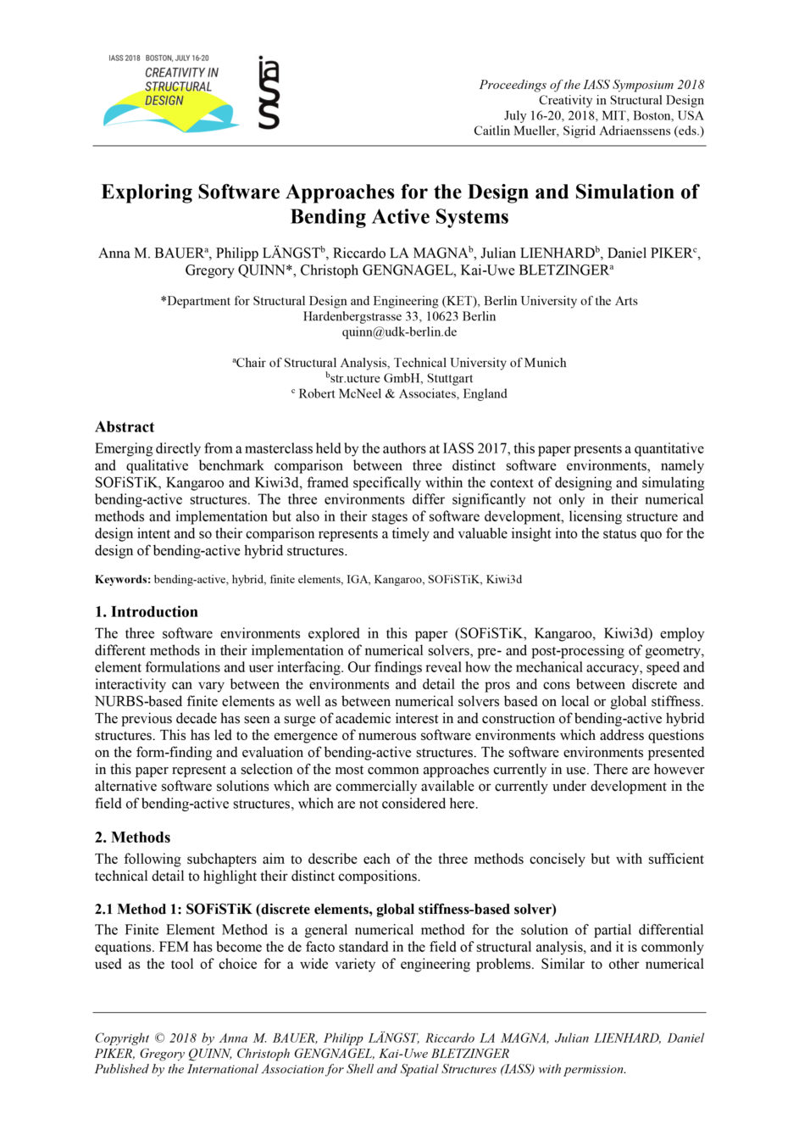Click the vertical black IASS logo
coord(269,92)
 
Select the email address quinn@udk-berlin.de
coord(399,331)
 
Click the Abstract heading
coord(125,426)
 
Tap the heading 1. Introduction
coord(146,611)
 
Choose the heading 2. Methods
coord(132,837)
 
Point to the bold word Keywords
coord(122,579)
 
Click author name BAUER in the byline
coord(177,253)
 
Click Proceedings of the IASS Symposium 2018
coord(591,84)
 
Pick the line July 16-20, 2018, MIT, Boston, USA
coord(603,115)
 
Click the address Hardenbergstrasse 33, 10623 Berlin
coord(399,316)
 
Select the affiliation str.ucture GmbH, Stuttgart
coord(401,378)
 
